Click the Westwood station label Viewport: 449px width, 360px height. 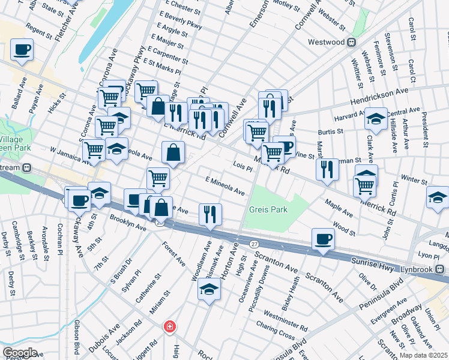[326, 42]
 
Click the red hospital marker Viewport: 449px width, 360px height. [170, 326]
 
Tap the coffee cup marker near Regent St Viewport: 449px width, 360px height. [22, 50]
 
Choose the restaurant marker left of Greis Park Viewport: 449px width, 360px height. [210, 215]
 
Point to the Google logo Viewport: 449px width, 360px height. [19, 353]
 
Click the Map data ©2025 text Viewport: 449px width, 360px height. [423, 355]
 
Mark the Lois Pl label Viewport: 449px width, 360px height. [243, 167]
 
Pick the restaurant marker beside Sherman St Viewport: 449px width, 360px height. [327, 169]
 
